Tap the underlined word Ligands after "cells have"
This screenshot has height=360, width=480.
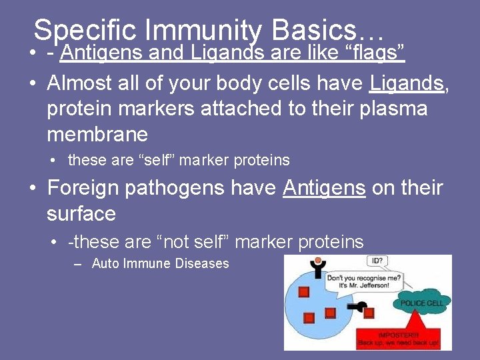(x=406, y=83)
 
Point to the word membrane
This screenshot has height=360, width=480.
(x=97, y=134)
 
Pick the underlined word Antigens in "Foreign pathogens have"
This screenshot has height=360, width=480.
(x=324, y=188)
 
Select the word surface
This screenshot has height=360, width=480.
(x=81, y=213)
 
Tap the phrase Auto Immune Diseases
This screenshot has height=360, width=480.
(x=160, y=263)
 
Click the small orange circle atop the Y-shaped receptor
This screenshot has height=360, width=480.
(x=318, y=260)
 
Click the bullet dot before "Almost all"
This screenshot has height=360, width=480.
(x=33, y=83)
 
